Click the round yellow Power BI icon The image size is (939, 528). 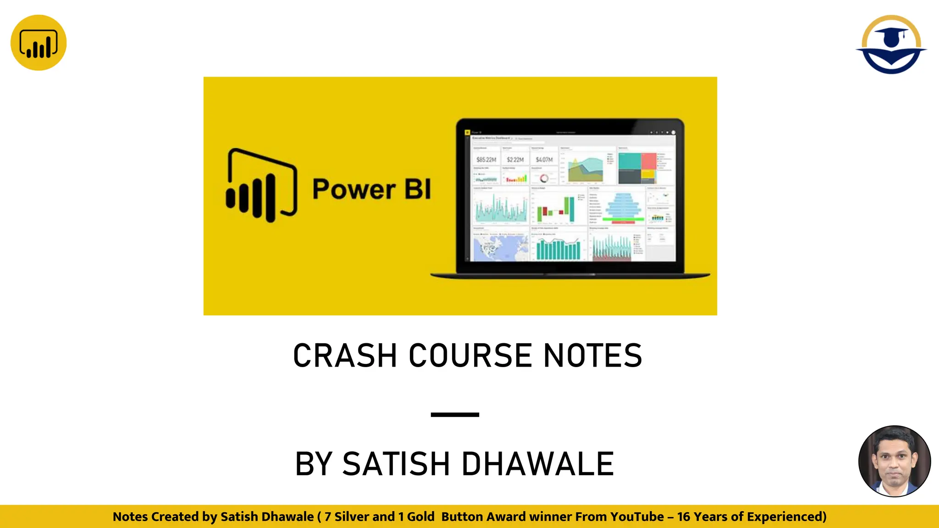[x=39, y=43]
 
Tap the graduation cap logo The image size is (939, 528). [x=891, y=44]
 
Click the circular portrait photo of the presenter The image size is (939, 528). [x=895, y=461]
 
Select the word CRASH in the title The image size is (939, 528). [x=345, y=356]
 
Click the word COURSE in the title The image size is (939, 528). [x=470, y=356]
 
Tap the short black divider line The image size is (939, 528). [x=455, y=414]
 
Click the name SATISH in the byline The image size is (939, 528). [x=396, y=464]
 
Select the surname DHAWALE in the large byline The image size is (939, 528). [x=537, y=464]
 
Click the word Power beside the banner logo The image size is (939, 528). [x=354, y=189]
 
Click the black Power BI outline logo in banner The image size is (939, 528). [x=261, y=186]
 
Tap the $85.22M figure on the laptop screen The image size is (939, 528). [x=486, y=159]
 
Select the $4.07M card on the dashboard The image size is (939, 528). [x=544, y=159]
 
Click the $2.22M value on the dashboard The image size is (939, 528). [x=515, y=159]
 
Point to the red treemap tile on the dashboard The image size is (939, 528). [x=649, y=161]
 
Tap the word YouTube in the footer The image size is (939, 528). [x=637, y=517]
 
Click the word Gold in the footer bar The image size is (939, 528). [x=420, y=517]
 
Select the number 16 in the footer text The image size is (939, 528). [x=684, y=517]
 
